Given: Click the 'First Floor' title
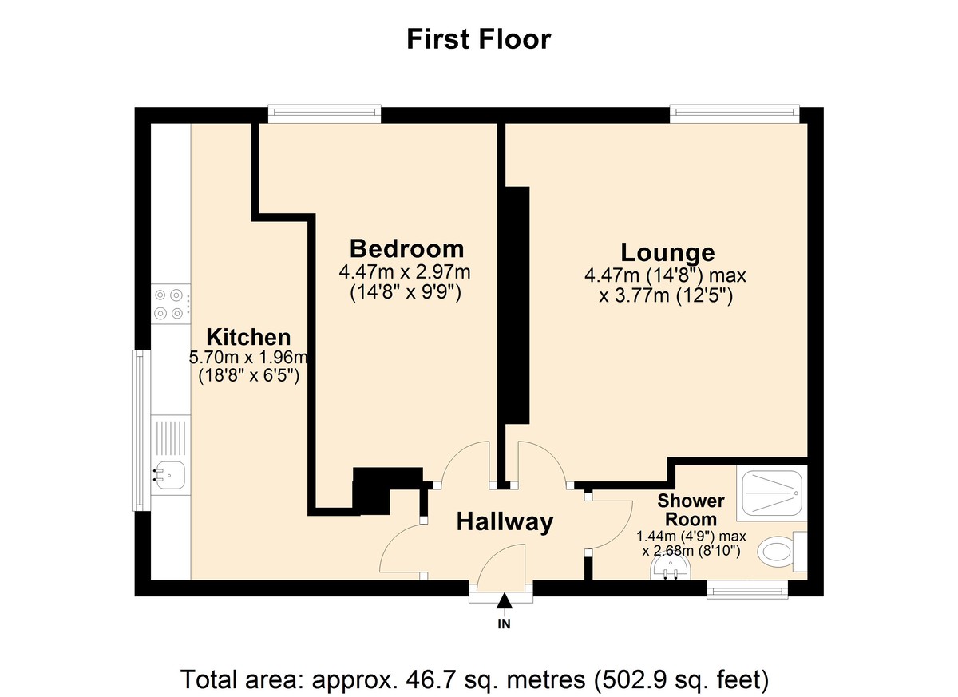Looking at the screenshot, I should tap(478, 38).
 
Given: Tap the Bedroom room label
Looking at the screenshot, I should tap(406, 248).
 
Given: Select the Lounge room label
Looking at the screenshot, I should tap(667, 252).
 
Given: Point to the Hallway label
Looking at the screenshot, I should tap(504, 522).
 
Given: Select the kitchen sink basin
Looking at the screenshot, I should tap(170, 475).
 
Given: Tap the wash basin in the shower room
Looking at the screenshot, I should tap(671, 568).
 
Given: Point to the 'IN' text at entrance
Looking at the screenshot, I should tap(504, 624).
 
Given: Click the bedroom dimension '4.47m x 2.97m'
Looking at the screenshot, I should tap(405, 272).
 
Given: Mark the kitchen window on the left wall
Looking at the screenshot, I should tap(141, 431).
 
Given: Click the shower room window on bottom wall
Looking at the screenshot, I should tap(748, 590).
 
